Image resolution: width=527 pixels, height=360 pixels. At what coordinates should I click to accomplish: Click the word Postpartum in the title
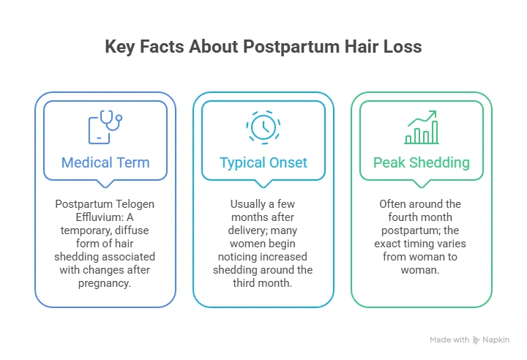point(291,47)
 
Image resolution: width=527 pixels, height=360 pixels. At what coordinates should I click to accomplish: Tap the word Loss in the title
point(403,46)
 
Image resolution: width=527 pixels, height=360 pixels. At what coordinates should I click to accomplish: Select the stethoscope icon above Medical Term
point(105,127)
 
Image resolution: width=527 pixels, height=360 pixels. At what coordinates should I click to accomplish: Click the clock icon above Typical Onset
point(263,127)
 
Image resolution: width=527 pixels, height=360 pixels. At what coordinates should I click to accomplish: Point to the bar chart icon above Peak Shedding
point(422,127)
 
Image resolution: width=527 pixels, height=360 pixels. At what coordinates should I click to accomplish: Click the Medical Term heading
point(105,162)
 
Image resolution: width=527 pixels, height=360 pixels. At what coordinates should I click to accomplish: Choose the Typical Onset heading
point(263,163)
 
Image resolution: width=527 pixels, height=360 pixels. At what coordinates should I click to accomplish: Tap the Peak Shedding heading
point(422,163)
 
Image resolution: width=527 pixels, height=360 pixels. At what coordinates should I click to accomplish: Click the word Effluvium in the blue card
point(100,217)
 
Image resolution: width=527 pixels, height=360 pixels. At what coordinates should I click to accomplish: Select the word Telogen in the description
point(135,204)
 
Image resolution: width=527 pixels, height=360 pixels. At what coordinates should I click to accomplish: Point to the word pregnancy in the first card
point(105,283)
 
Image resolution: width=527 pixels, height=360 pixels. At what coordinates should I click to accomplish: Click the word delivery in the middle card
point(247,230)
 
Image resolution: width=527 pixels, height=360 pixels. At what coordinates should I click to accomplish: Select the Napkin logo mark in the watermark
point(476,340)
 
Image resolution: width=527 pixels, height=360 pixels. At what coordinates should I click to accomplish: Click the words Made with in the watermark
point(449,340)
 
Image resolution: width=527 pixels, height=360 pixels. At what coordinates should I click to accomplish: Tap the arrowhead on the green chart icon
point(433,114)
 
